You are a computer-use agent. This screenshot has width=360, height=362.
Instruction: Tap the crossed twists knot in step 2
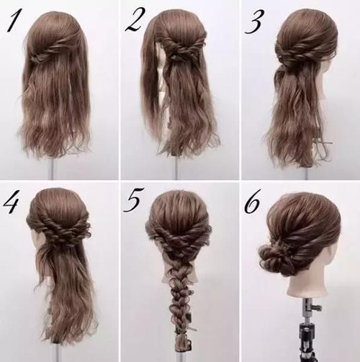coord(175,54)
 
